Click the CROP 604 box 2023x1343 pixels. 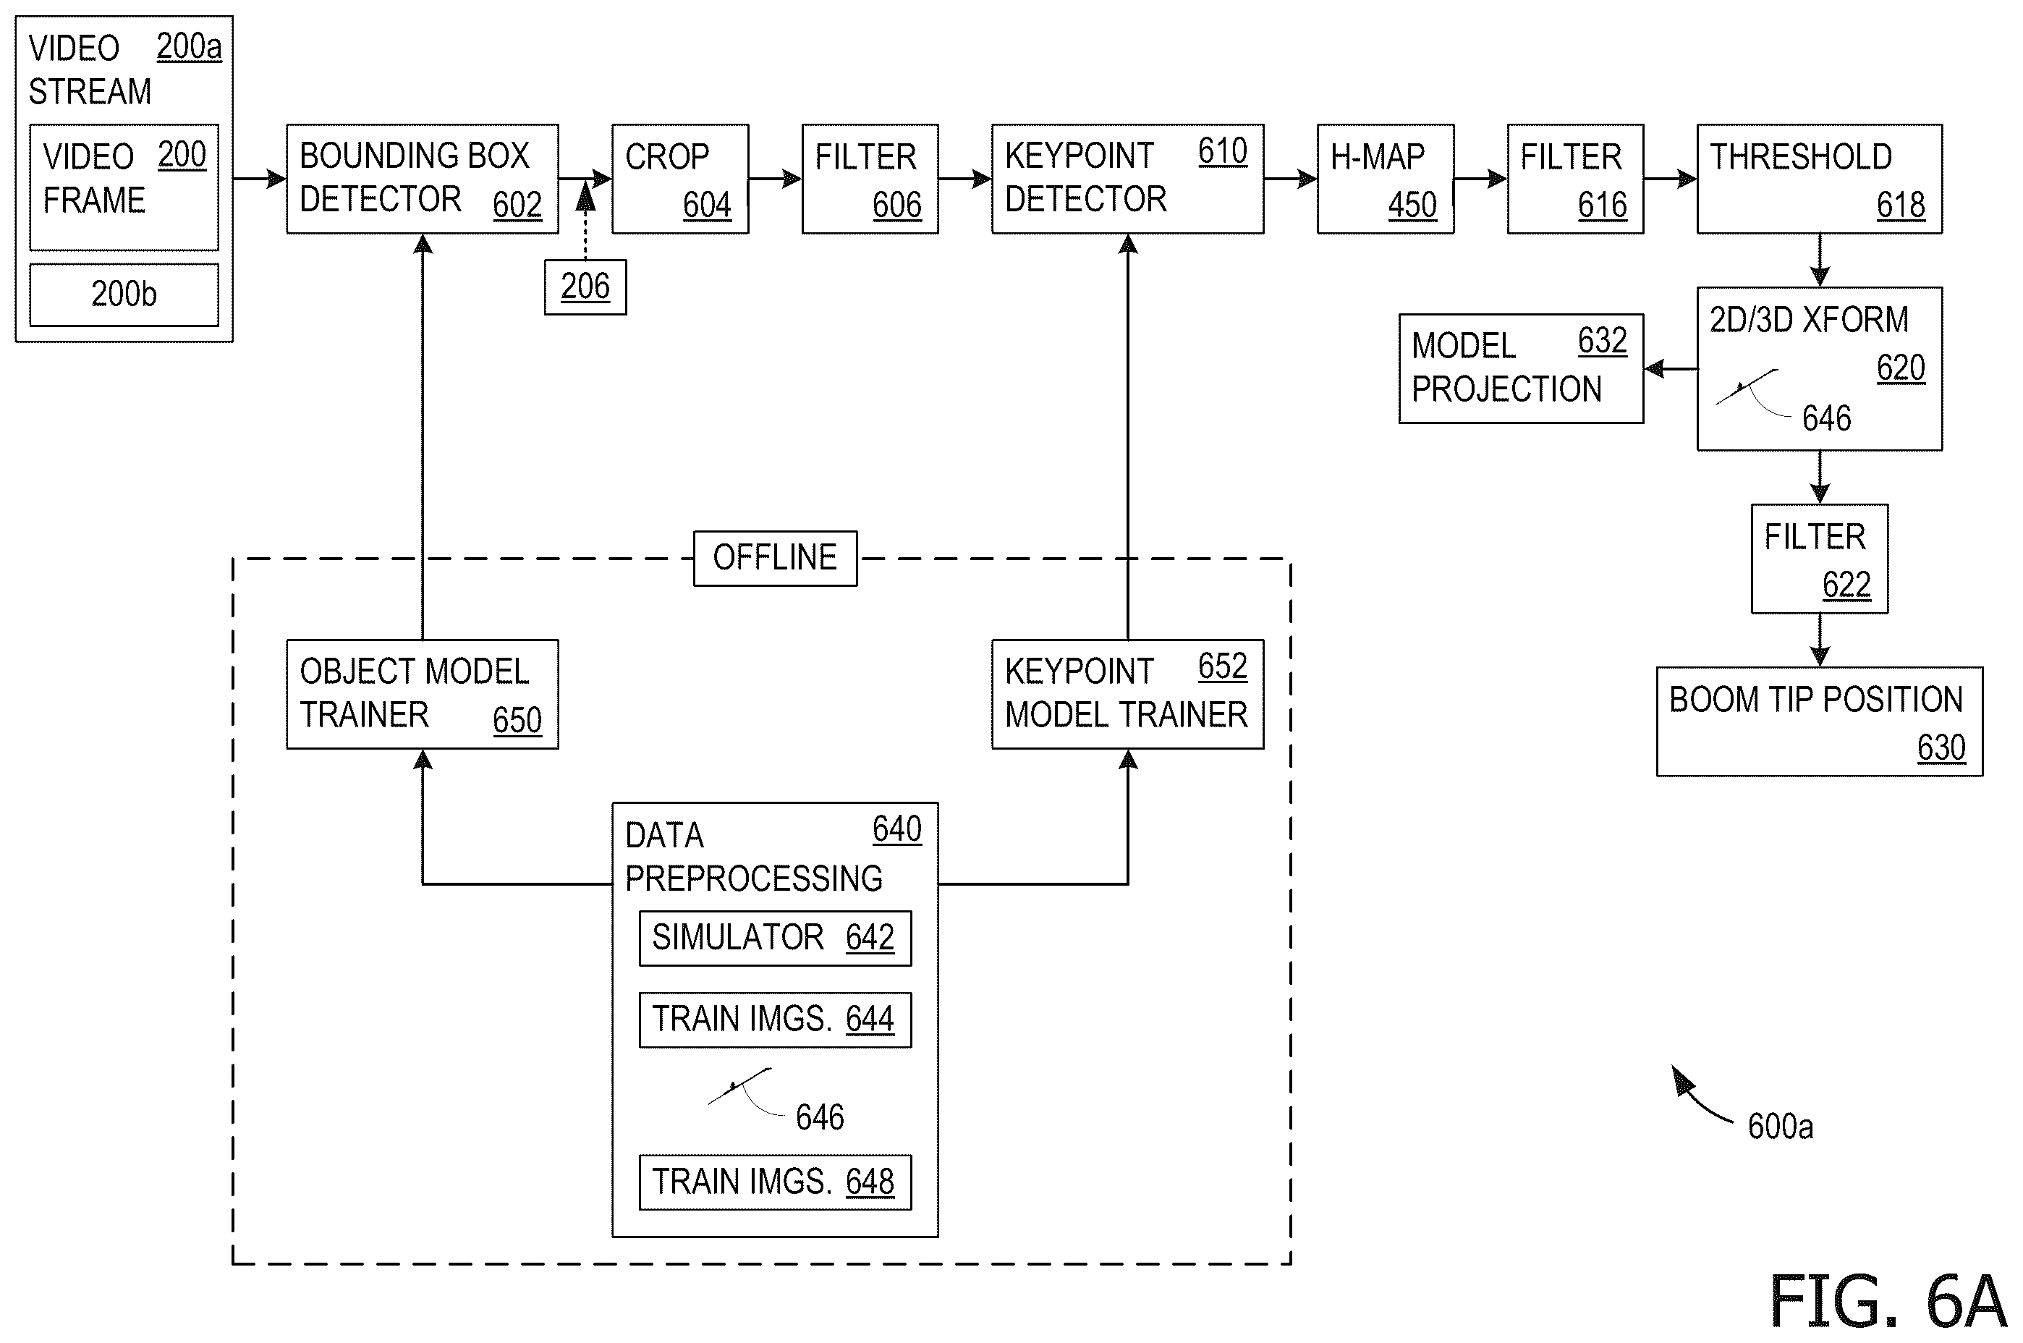pyautogui.click(x=680, y=179)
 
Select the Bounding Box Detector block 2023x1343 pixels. pyautogui.click(x=423, y=179)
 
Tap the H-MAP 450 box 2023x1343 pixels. pyautogui.click(x=1385, y=179)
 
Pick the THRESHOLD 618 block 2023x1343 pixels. pyautogui.click(x=1819, y=179)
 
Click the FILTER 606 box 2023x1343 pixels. pyautogui.click(x=870, y=179)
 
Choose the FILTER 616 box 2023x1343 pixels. pyautogui.click(x=1575, y=179)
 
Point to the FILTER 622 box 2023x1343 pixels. pyautogui.click(x=1819, y=559)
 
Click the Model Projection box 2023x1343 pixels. pyautogui.click(x=1521, y=368)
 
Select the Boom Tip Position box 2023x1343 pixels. pyautogui.click(x=1819, y=721)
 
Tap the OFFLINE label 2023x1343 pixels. pyautogui.click(x=775, y=559)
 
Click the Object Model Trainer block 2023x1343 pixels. pyautogui.click(x=423, y=695)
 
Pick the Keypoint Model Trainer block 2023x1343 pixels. pyautogui.click(x=1127, y=695)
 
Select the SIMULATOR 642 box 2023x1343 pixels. pyautogui.click(x=775, y=938)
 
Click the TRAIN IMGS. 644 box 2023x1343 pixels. pyautogui.click(x=775, y=1020)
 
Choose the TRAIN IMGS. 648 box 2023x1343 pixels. pyautogui.click(x=775, y=1182)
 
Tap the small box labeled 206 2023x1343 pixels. pyautogui.click(x=585, y=287)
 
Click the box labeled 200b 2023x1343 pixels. pyautogui.click(x=124, y=295)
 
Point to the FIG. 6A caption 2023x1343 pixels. pyautogui.click(x=1887, y=1301)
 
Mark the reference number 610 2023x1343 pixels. pyautogui.click(x=1222, y=152)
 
